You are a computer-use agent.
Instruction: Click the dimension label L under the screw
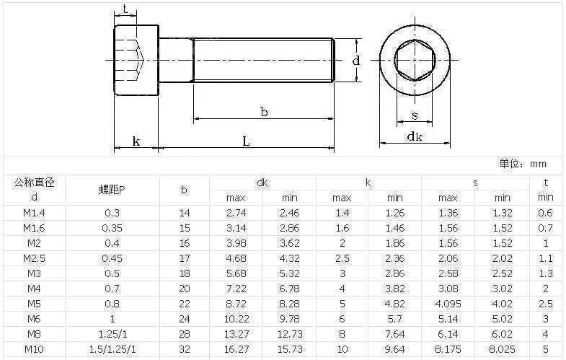point(246,141)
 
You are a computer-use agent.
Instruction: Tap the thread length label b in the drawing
point(264,112)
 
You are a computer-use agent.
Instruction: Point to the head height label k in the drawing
point(136,141)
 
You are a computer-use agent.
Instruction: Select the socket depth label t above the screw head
point(125,9)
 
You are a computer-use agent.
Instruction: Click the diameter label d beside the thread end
point(356,60)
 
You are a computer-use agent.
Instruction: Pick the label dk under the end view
point(415,136)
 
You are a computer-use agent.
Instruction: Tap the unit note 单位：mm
point(523,164)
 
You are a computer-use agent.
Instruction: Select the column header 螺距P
point(112,190)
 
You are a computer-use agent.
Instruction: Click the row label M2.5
point(35,258)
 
